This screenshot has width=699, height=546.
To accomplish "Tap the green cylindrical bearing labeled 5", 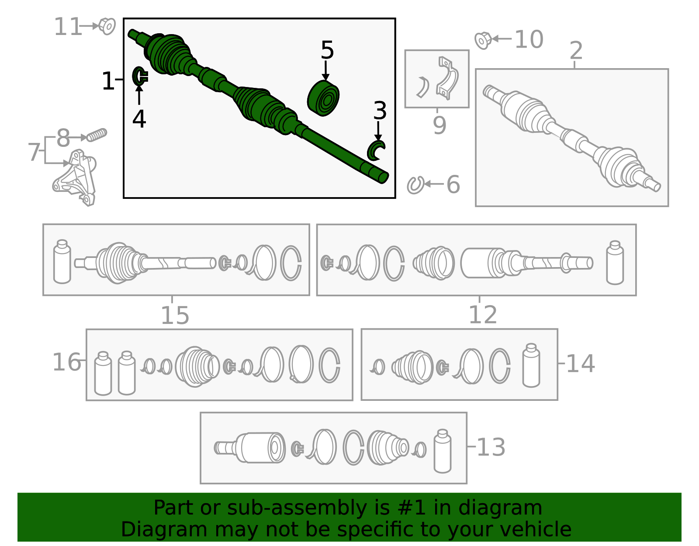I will point(323,98).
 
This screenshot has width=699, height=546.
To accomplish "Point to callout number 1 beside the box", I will point(107,81).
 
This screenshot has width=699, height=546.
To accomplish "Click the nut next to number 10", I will point(483,40).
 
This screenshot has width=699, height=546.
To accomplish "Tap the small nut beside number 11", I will point(107,26).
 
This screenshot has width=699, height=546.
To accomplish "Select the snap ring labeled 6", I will point(415,185).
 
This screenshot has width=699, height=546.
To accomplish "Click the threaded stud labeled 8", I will point(97,135).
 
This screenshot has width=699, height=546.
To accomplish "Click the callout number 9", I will point(439,125).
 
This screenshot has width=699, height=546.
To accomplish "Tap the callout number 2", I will point(576,51).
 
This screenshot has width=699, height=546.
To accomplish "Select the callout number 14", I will point(580,364).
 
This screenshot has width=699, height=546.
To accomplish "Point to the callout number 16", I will point(66,362).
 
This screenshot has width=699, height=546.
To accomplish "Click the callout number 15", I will point(175,315).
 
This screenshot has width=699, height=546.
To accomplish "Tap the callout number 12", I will point(483,315).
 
